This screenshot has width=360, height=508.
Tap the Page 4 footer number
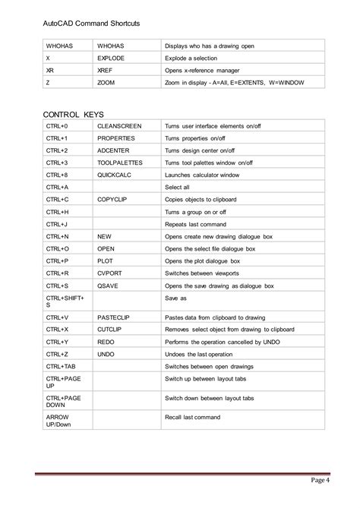pyautogui.click(x=319, y=480)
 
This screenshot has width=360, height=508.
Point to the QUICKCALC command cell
pyautogui.click(x=114, y=175)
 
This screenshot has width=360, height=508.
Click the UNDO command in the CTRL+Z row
pyautogui.click(x=106, y=353)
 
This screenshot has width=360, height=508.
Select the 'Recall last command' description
pyautogui.click(x=192, y=417)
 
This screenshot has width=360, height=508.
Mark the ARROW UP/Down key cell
pyautogui.click(x=58, y=421)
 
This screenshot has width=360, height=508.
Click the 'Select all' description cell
pyautogui.click(x=178, y=186)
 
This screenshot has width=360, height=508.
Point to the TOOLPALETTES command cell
pyautogui.click(x=120, y=162)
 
